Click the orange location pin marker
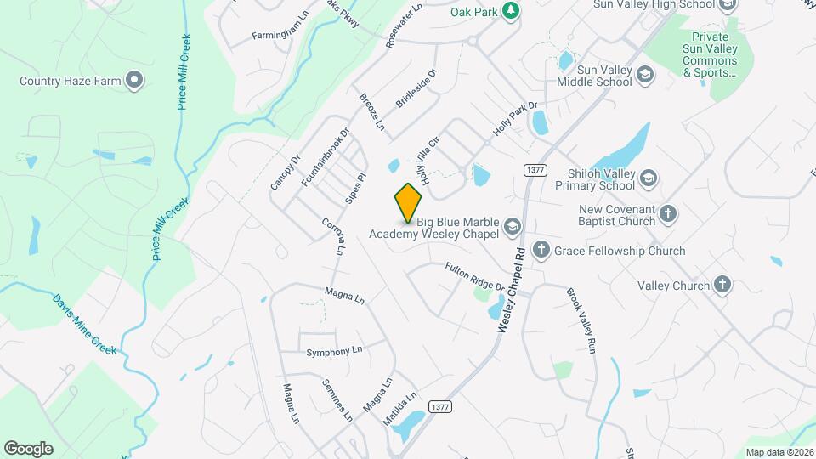(x=409, y=202)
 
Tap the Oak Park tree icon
(x=510, y=10)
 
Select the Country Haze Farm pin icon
(x=133, y=81)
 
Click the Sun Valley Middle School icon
(x=645, y=76)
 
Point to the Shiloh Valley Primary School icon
(x=648, y=178)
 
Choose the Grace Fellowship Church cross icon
(x=541, y=250)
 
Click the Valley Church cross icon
(x=722, y=285)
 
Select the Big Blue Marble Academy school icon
(x=512, y=226)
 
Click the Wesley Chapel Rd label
(x=513, y=290)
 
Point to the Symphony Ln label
(x=334, y=351)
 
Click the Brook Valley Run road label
(x=583, y=321)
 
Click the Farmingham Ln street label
(x=280, y=37)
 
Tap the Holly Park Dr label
(x=516, y=121)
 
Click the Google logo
(x=28, y=448)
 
